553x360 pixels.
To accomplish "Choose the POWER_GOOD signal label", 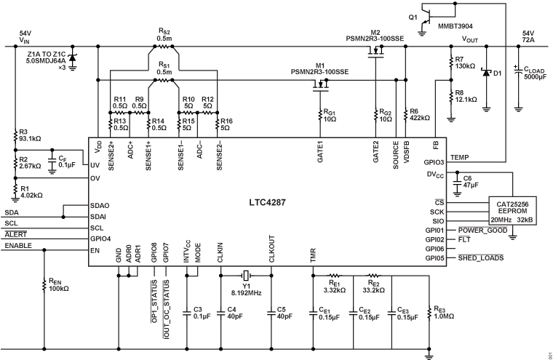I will [x=481, y=229].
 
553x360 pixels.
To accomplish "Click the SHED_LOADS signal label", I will [x=482, y=257].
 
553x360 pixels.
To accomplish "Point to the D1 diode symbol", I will [x=485, y=71].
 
